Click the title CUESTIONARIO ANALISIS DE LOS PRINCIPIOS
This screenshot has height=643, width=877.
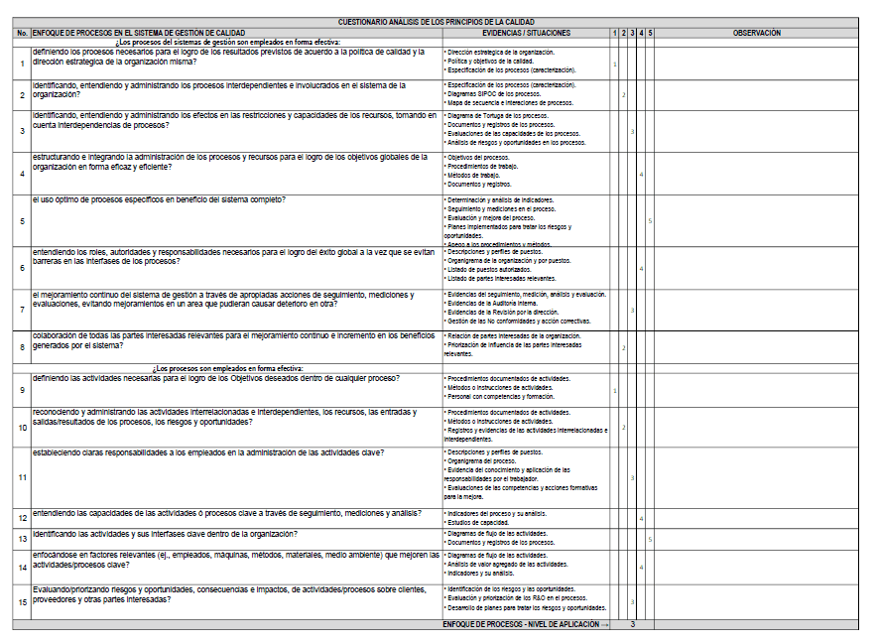pos(438,22)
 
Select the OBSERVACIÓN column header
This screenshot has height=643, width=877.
pos(756,33)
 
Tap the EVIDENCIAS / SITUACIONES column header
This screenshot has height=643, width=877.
pos(525,33)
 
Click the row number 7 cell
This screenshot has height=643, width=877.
pos(22,311)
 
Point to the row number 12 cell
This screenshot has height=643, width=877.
pos(22,518)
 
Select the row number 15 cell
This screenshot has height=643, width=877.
pos(22,601)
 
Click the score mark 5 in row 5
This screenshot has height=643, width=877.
pos(650,220)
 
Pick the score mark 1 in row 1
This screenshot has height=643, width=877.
pos(615,64)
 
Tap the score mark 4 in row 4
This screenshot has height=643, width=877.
pos(641,175)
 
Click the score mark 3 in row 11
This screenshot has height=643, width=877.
pos(632,477)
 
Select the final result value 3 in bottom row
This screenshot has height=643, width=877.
pos(632,624)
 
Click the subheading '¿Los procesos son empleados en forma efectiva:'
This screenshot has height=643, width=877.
pos(228,368)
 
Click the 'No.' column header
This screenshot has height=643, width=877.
pos(22,33)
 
